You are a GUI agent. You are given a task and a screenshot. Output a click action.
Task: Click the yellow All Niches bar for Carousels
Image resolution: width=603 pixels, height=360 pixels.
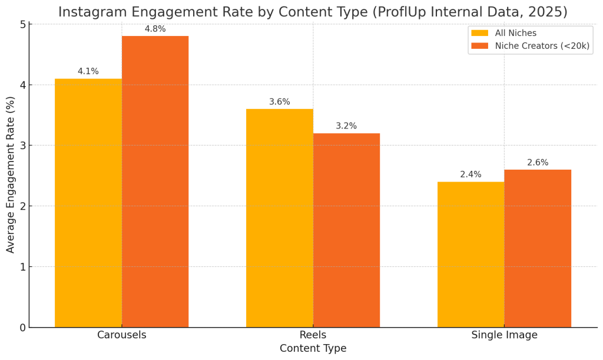point(88,203)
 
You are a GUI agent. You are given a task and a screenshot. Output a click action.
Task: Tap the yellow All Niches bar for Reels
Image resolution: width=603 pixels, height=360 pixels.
point(279,218)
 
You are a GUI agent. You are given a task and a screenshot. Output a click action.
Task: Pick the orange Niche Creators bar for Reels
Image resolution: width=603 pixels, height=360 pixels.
point(346,230)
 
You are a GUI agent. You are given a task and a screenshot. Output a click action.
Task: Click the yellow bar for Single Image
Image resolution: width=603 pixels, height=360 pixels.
point(471,255)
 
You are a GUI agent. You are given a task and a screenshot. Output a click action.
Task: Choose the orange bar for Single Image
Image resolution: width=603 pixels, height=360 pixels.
point(538,248)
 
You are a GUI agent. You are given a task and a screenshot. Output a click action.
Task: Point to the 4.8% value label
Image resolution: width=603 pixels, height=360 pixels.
point(155,29)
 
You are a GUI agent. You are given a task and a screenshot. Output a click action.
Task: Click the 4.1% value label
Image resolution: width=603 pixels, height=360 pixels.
point(88,71)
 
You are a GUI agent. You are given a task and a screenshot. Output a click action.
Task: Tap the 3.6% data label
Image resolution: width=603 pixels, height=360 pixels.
point(279,102)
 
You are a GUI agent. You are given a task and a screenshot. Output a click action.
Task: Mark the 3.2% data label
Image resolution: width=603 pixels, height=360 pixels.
point(346,126)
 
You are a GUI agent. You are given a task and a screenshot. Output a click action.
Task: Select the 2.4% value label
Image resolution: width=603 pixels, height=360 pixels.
point(471,174)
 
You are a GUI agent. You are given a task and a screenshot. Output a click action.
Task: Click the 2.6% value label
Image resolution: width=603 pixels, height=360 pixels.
point(538,163)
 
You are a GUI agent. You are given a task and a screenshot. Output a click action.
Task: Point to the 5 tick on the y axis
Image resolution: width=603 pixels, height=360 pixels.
point(22,24)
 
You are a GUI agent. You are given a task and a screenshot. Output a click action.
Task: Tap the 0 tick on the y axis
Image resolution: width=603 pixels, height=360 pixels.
point(22,328)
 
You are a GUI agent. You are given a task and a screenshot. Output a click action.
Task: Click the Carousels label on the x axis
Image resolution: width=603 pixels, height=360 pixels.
point(121,335)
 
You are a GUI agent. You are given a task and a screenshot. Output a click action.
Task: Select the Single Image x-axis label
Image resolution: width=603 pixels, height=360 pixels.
point(504,335)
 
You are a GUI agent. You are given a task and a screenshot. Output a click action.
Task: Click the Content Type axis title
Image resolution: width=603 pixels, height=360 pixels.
point(313,349)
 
